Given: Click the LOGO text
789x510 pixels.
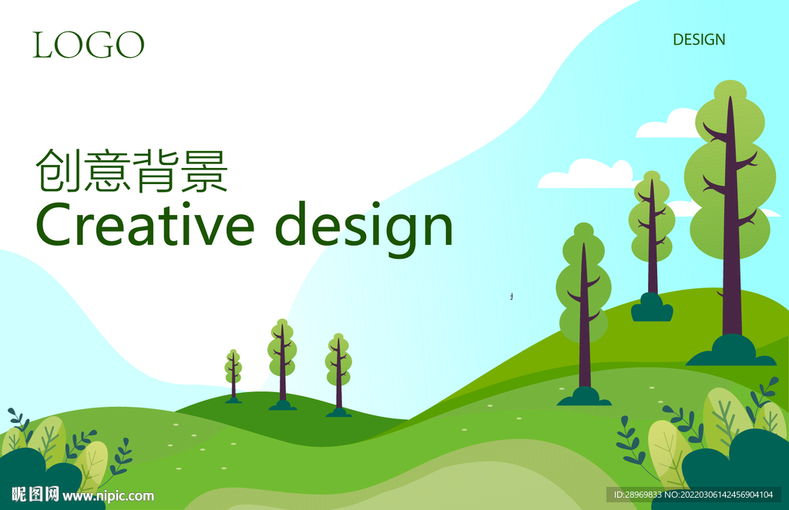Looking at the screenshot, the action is click(89, 45).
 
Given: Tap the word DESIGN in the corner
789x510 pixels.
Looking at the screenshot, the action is click(699, 40).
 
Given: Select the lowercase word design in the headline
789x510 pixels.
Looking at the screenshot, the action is click(365, 229).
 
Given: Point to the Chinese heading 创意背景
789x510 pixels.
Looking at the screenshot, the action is click(132, 171).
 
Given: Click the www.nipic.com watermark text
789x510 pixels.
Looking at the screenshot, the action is click(108, 496).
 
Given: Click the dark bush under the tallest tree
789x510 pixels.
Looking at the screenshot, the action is click(731, 351).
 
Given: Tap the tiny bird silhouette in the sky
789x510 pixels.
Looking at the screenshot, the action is click(512, 297).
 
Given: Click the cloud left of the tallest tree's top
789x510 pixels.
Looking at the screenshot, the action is click(666, 126).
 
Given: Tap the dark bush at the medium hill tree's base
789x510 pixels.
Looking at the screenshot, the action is click(652, 307).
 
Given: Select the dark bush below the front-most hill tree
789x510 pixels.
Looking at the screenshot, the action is click(584, 396).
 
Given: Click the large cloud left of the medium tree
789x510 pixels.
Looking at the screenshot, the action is click(586, 175).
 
